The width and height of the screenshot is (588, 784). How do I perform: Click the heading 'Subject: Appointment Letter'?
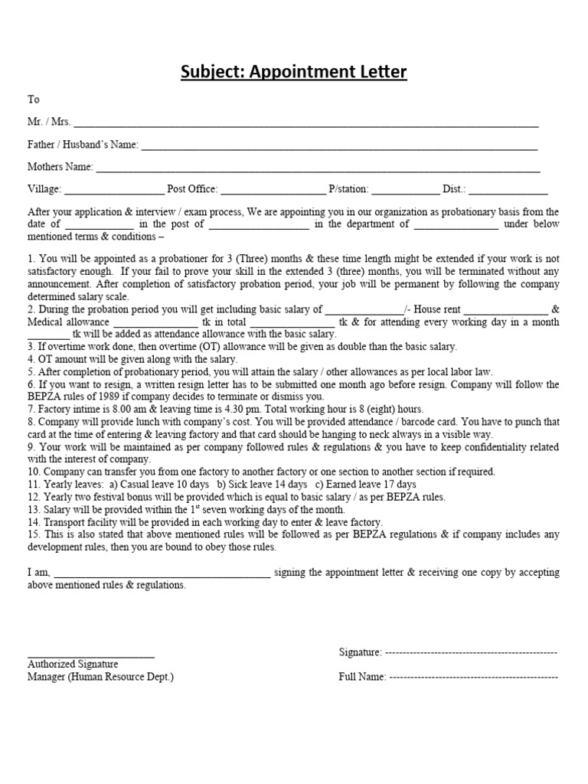point(294,73)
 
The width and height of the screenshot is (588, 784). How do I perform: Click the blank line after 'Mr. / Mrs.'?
point(305,123)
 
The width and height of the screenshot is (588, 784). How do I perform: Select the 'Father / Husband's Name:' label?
point(83,145)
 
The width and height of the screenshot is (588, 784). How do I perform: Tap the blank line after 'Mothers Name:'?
point(318,168)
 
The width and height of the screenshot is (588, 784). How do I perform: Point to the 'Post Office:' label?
point(192,189)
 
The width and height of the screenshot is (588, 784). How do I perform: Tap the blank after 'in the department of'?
point(456,225)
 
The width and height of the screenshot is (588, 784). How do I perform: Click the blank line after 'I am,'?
point(162,573)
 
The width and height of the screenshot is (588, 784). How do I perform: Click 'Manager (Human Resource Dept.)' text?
point(101,678)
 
